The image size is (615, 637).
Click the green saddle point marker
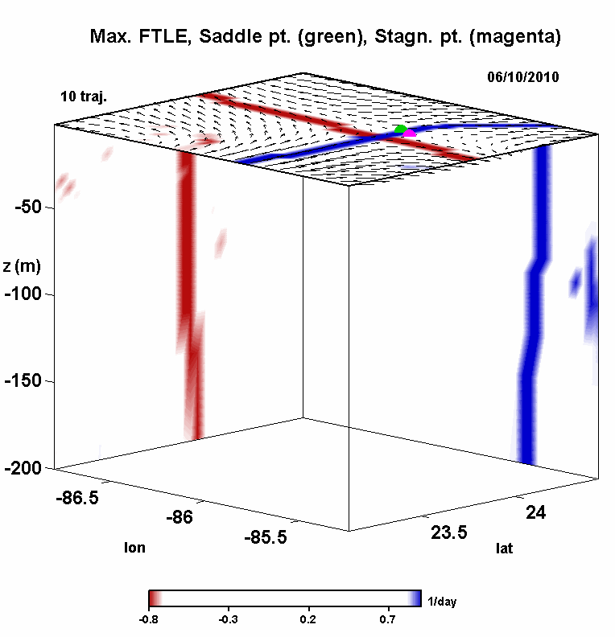pos(401,129)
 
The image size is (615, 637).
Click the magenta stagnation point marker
pos(410,132)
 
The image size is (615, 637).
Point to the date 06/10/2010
pos(522,77)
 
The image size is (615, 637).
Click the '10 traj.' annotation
pos(84,97)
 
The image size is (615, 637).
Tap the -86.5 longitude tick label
pos(78,499)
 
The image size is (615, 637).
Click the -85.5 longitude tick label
pos(265,536)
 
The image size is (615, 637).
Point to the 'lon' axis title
pos(134,548)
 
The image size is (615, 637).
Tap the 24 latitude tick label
pos(538,512)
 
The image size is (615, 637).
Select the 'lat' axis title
pos(504,549)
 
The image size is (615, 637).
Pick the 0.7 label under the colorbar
pos(388,619)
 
